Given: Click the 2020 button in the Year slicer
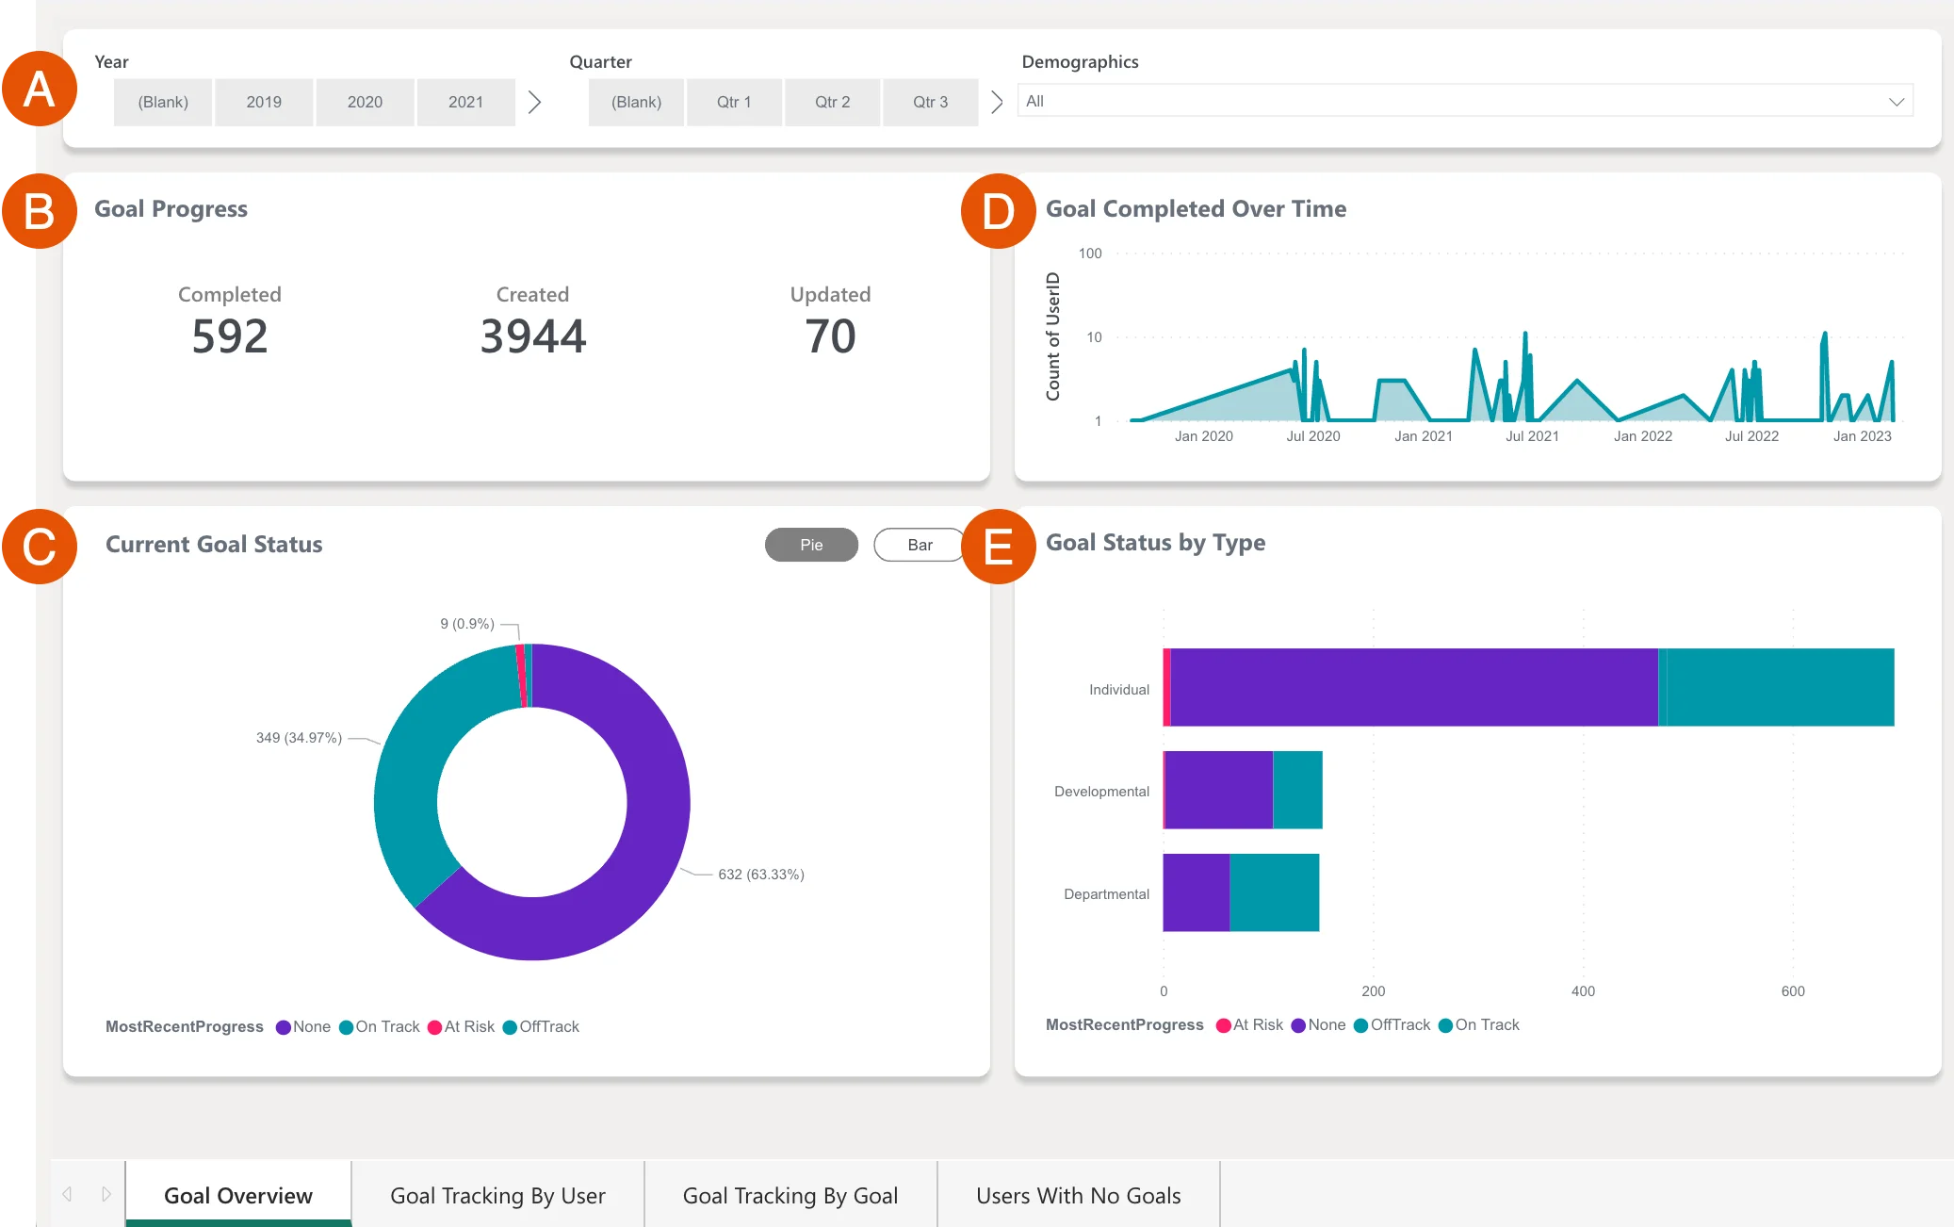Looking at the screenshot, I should [365, 102].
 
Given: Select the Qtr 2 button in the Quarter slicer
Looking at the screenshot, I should [832, 102].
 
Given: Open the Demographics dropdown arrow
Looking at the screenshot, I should [1896, 102].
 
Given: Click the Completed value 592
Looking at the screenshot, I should [230, 336].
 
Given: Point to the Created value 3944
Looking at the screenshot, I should [532, 336].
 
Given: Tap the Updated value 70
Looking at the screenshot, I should [830, 336].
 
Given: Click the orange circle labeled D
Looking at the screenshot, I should [998, 211].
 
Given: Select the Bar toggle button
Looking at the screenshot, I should [920, 545].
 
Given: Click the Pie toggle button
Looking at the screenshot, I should [811, 545].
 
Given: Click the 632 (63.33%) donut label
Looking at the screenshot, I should [760, 875].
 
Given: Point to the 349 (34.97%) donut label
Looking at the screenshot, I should [299, 738].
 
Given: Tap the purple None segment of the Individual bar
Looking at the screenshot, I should [1413, 687].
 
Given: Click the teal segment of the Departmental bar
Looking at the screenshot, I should [1274, 892].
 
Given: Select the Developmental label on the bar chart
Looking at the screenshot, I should [1101, 792].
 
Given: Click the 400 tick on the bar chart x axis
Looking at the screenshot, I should [1583, 991].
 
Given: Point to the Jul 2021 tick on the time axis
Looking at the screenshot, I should [1532, 436].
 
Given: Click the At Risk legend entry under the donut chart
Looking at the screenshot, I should [462, 1027].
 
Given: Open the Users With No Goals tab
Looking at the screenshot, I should [1078, 1195].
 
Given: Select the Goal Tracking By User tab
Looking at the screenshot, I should [497, 1195].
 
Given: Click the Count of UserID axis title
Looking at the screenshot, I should [1053, 336].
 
